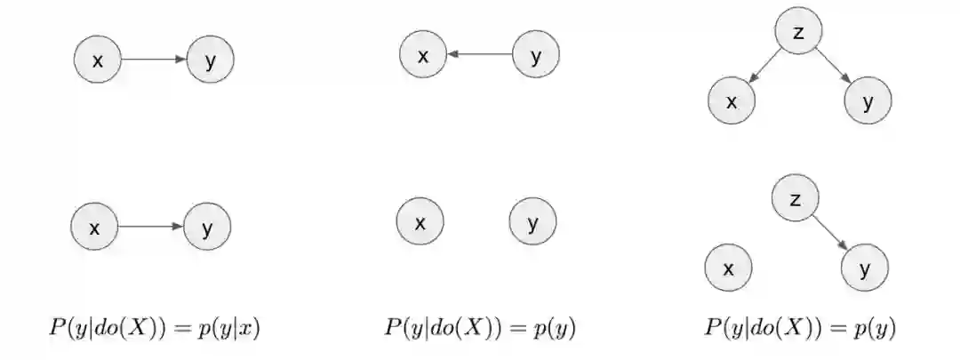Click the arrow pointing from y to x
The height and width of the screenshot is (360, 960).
click(480, 55)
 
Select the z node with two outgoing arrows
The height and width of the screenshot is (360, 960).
click(797, 34)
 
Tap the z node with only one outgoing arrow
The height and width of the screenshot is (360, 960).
click(795, 199)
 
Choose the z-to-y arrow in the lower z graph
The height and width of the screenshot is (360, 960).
click(830, 231)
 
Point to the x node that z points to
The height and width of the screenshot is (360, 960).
click(732, 101)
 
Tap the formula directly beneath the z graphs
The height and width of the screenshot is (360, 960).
click(800, 328)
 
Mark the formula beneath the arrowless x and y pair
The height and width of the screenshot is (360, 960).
click(480, 328)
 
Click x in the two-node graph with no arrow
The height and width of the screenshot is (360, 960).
click(420, 221)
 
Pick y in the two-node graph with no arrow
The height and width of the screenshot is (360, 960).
click(533, 221)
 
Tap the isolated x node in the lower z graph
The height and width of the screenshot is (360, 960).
click(728, 268)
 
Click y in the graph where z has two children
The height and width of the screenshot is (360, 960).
click(868, 101)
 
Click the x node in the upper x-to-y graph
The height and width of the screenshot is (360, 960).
click(98, 60)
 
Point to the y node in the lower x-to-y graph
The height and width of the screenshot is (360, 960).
click(207, 227)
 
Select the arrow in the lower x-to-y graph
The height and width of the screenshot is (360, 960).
click(151, 227)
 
